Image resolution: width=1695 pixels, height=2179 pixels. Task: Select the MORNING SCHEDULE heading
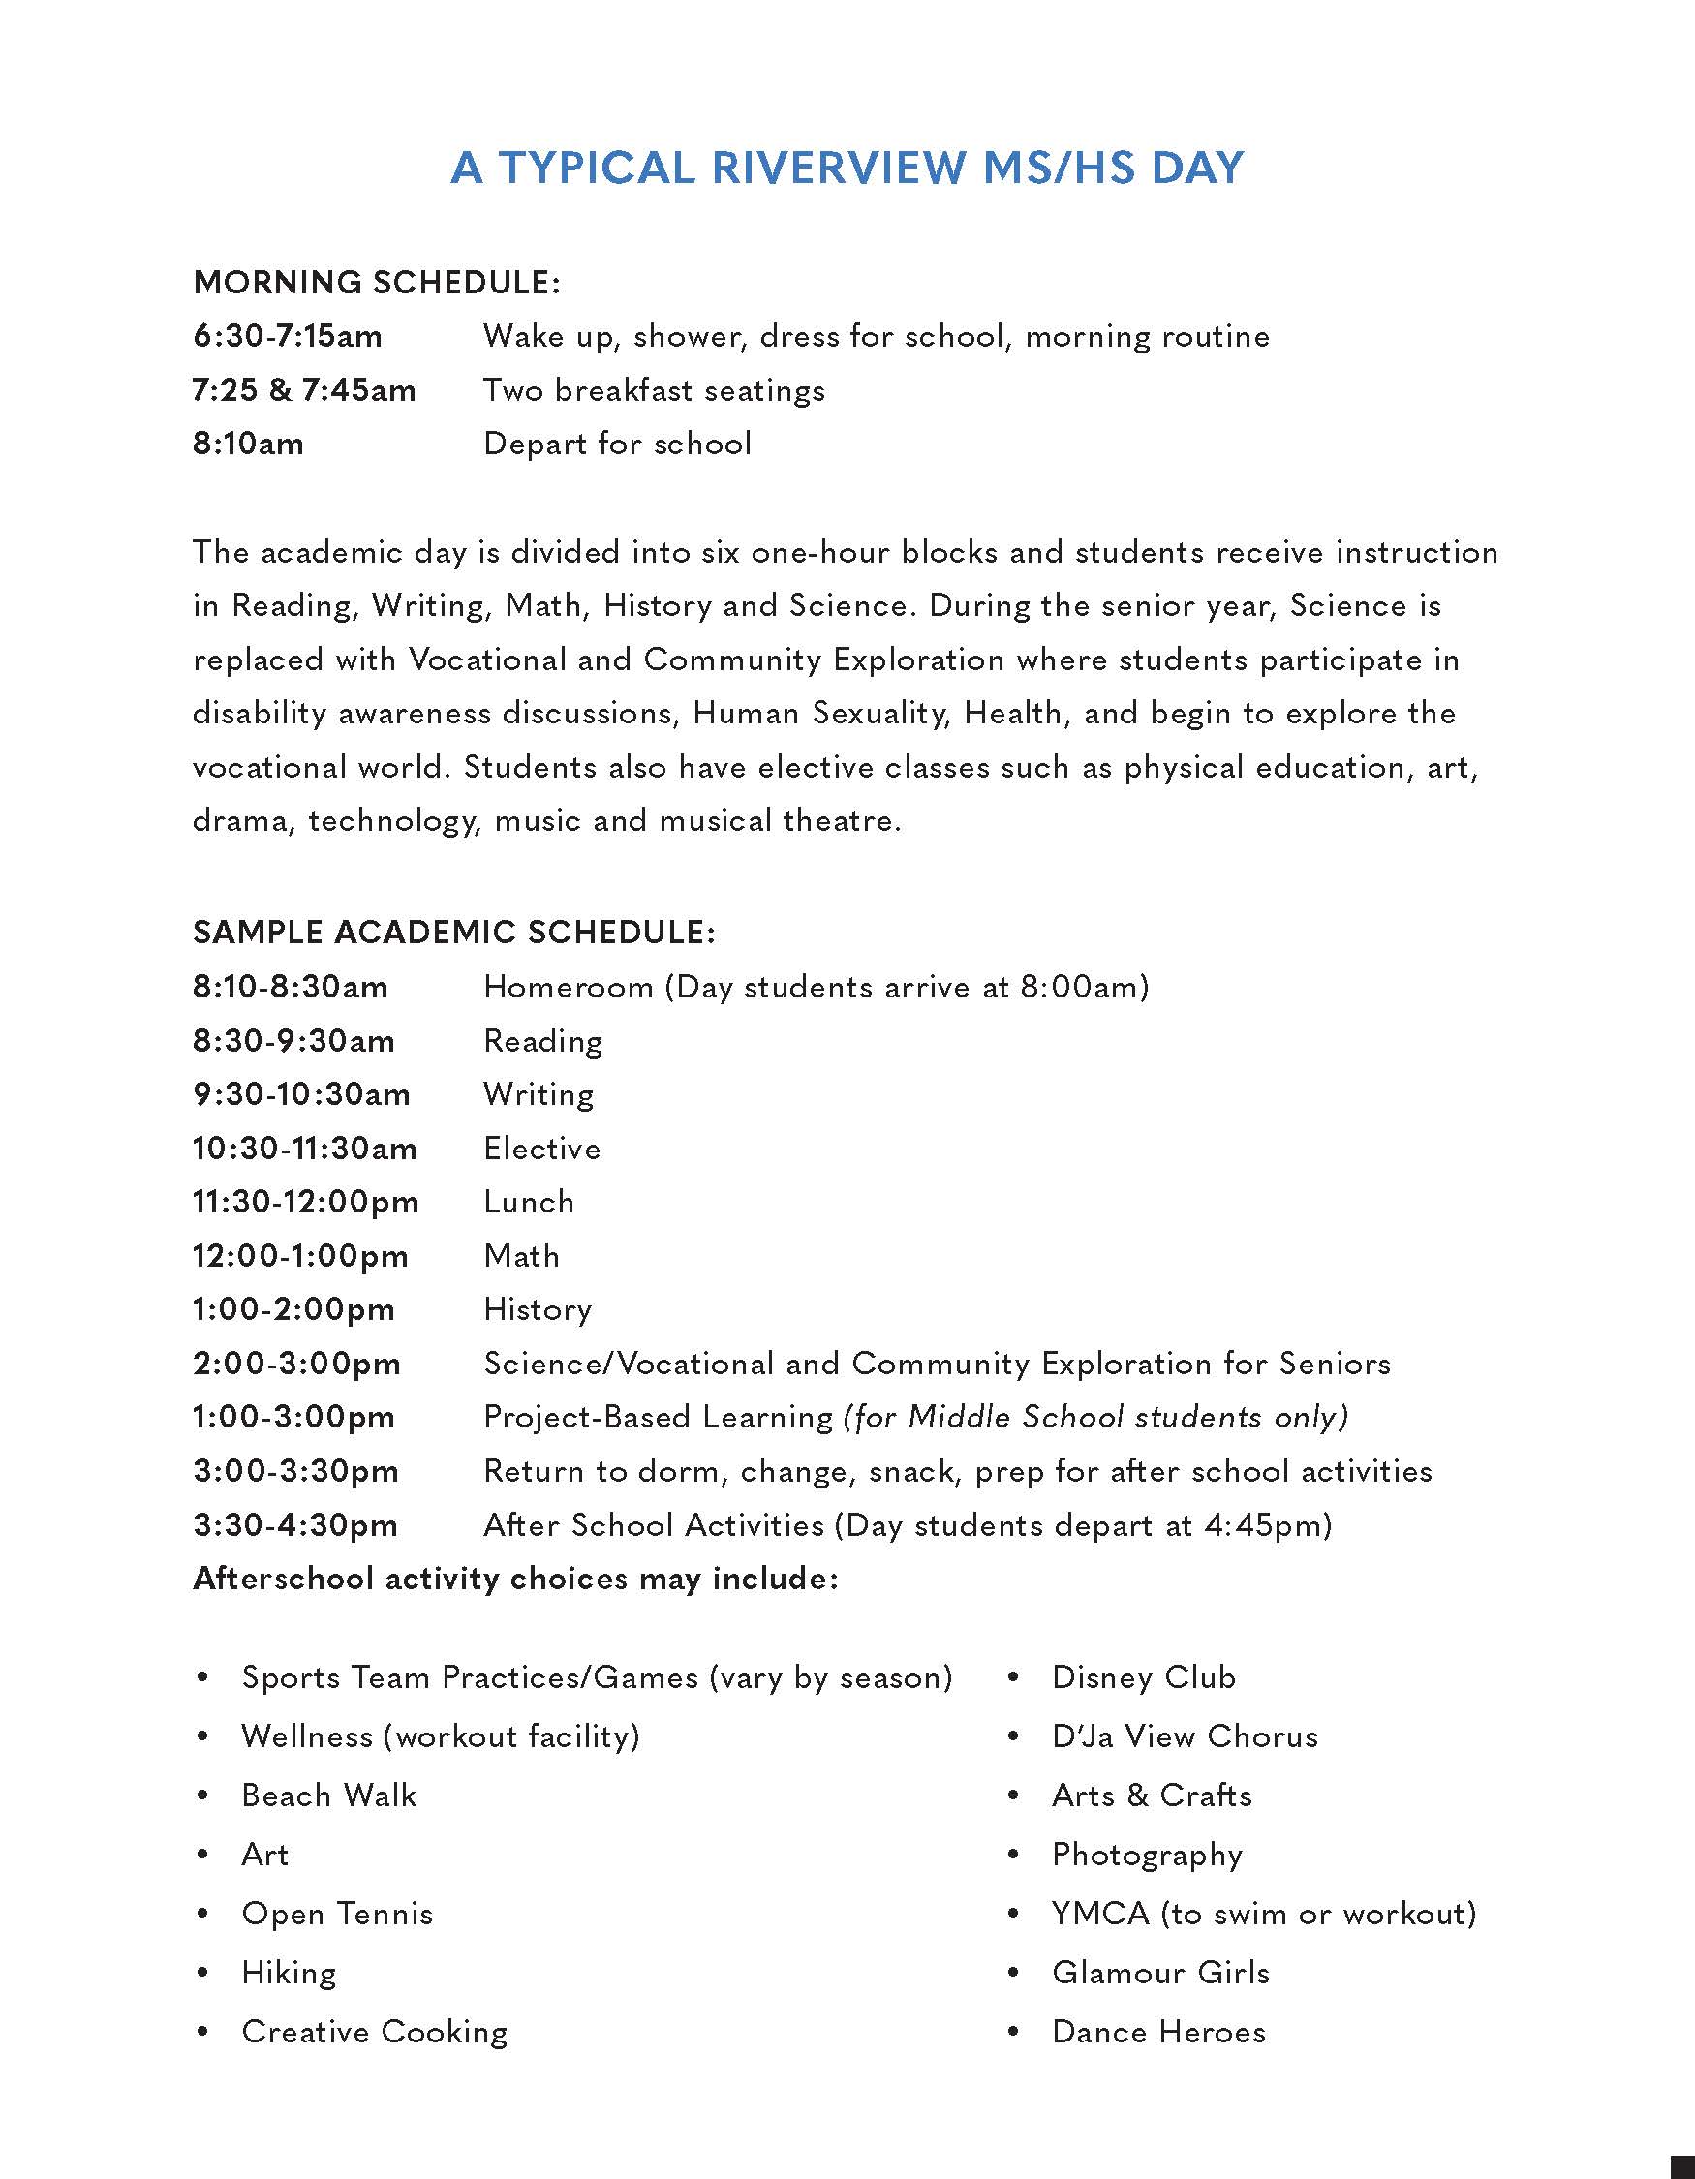tap(376, 283)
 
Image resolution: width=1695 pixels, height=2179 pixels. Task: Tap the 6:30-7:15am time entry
tap(288, 336)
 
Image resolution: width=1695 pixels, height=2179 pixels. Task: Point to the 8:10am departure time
tap(248, 443)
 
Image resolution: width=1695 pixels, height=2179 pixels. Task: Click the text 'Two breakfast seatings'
tap(654, 390)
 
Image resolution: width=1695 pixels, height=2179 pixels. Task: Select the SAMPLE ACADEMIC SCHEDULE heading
tap(454, 932)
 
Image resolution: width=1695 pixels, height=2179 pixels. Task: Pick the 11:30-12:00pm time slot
tap(305, 1201)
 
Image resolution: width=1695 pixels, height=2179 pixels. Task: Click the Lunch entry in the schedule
tap(529, 1201)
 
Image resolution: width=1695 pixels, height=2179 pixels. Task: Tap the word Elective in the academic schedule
tap(541, 1149)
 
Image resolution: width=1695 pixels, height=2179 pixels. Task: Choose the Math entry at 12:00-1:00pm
tap(521, 1255)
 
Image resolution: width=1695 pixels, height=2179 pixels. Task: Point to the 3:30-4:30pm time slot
tap(295, 1524)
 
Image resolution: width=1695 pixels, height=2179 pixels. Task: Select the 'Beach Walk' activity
tap(328, 1795)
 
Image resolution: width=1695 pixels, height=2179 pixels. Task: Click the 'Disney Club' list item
tap(1143, 1677)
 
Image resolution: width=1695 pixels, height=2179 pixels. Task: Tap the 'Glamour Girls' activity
tap(1160, 1973)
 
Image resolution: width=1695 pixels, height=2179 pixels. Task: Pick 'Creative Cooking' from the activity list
tap(374, 2032)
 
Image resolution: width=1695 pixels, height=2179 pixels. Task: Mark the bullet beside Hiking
tap(203, 1973)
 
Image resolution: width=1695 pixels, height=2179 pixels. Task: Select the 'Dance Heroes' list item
tap(1158, 2032)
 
